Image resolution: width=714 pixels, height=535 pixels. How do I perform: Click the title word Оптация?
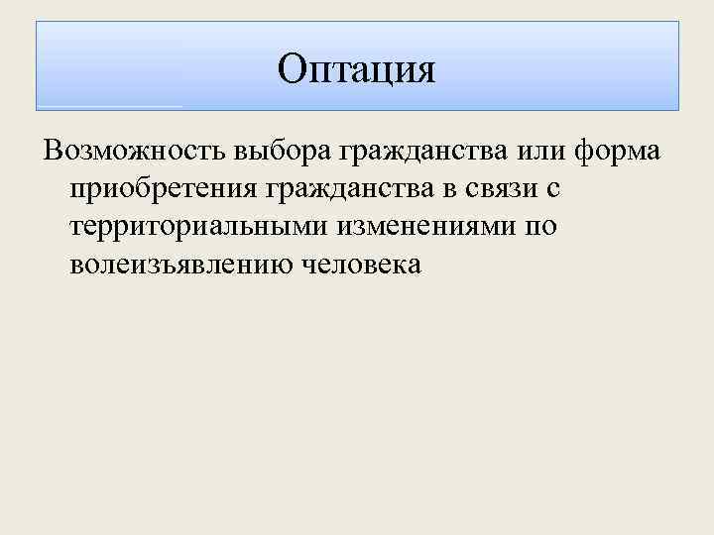coord(356,69)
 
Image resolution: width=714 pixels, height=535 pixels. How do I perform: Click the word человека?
coord(359,265)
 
